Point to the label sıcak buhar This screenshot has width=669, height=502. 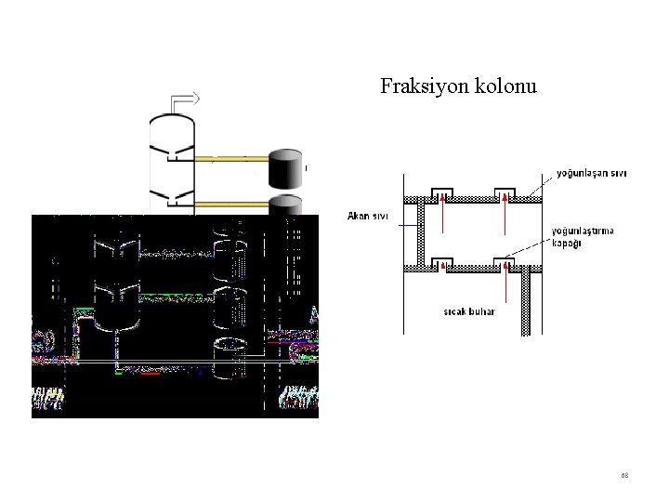click(x=469, y=311)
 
